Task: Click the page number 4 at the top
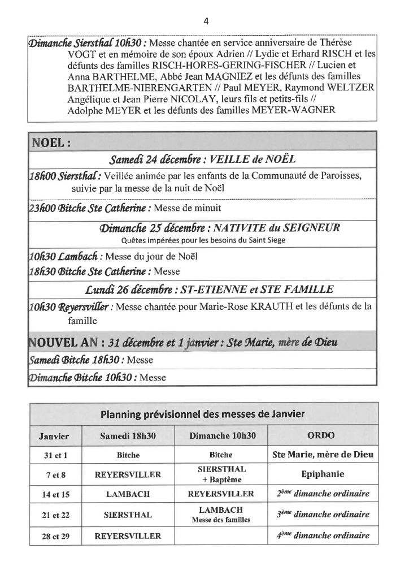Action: point(205,21)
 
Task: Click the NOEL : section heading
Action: point(51,141)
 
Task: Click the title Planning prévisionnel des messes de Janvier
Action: point(204,414)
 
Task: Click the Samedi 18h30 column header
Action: point(128,435)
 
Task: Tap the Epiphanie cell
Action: point(323,474)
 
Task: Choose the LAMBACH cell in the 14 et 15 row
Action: point(128,494)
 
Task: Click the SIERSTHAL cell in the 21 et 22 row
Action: point(128,515)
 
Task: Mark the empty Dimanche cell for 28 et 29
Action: point(221,535)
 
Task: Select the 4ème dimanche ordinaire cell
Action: point(323,535)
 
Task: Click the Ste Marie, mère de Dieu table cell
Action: point(323,454)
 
